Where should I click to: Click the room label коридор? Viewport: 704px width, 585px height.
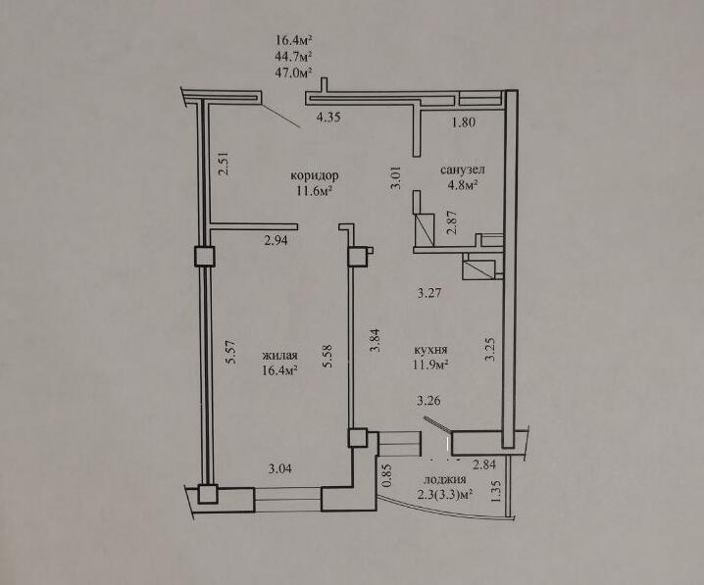tap(315, 175)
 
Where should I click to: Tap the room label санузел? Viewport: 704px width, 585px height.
tap(463, 171)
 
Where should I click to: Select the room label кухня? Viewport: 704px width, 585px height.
tap(431, 349)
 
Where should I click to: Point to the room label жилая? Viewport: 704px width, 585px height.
tap(279, 356)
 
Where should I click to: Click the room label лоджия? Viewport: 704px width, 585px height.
tap(444, 479)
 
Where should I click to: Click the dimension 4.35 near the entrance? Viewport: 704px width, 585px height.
tap(328, 118)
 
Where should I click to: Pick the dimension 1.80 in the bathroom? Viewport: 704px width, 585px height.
tap(464, 122)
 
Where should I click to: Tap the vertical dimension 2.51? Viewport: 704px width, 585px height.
tap(224, 164)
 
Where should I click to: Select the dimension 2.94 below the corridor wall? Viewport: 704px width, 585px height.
tap(276, 240)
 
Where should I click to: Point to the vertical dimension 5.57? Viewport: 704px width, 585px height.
tap(230, 354)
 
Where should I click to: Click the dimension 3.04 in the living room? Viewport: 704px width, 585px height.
tap(279, 468)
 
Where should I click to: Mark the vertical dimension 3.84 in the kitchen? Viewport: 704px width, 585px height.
tap(375, 340)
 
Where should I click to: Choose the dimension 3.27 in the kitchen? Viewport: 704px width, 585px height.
tap(429, 293)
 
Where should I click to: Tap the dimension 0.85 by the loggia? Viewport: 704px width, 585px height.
tap(387, 476)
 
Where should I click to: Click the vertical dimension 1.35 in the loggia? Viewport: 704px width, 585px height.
tap(497, 492)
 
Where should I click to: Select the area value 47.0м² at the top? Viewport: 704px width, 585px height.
tap(294, 73)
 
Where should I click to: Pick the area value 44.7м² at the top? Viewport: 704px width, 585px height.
tap(294, 57)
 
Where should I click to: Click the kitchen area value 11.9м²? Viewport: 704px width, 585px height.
tap(431, 365)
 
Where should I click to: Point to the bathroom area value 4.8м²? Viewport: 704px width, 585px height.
tap(462, 185)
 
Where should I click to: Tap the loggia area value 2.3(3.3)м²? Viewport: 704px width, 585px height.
tap(445, 495)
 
